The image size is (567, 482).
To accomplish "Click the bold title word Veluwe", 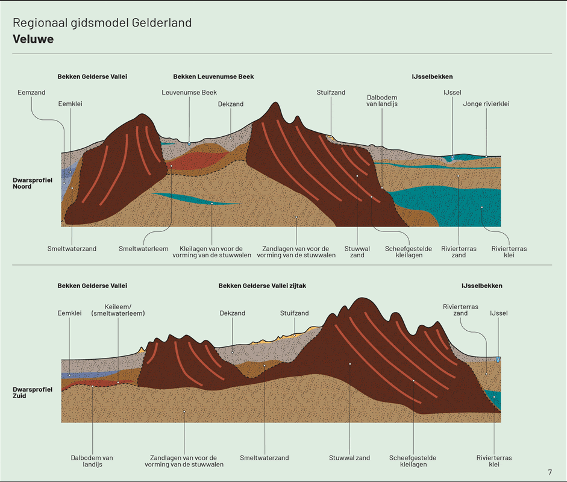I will [x=33, y=40].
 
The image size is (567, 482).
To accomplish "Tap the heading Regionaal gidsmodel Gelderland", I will [x=102, y=23].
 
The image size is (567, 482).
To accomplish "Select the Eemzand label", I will [x=31, y=93].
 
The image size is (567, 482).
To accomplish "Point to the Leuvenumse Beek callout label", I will [x=189, y=93].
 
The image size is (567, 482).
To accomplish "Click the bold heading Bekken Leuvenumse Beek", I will [x=213, y=77].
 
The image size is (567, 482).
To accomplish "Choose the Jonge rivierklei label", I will [x=486, y=104].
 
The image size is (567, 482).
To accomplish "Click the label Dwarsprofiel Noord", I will [x=31, y=183].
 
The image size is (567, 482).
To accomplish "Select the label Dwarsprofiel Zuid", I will [x=31, y=393].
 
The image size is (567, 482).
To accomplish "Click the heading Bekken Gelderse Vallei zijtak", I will [x=262, y=286].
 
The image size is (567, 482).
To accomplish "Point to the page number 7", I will [x=550, y=472].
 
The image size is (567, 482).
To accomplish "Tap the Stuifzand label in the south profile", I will [x=294, y=313].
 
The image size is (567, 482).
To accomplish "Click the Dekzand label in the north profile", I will [x=231, y=104].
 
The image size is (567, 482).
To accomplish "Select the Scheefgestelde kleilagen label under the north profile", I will [x=404, y=252].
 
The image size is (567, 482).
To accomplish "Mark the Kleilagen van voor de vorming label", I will [x=211, y=252].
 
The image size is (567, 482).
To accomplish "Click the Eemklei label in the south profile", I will [x=69, y=313].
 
